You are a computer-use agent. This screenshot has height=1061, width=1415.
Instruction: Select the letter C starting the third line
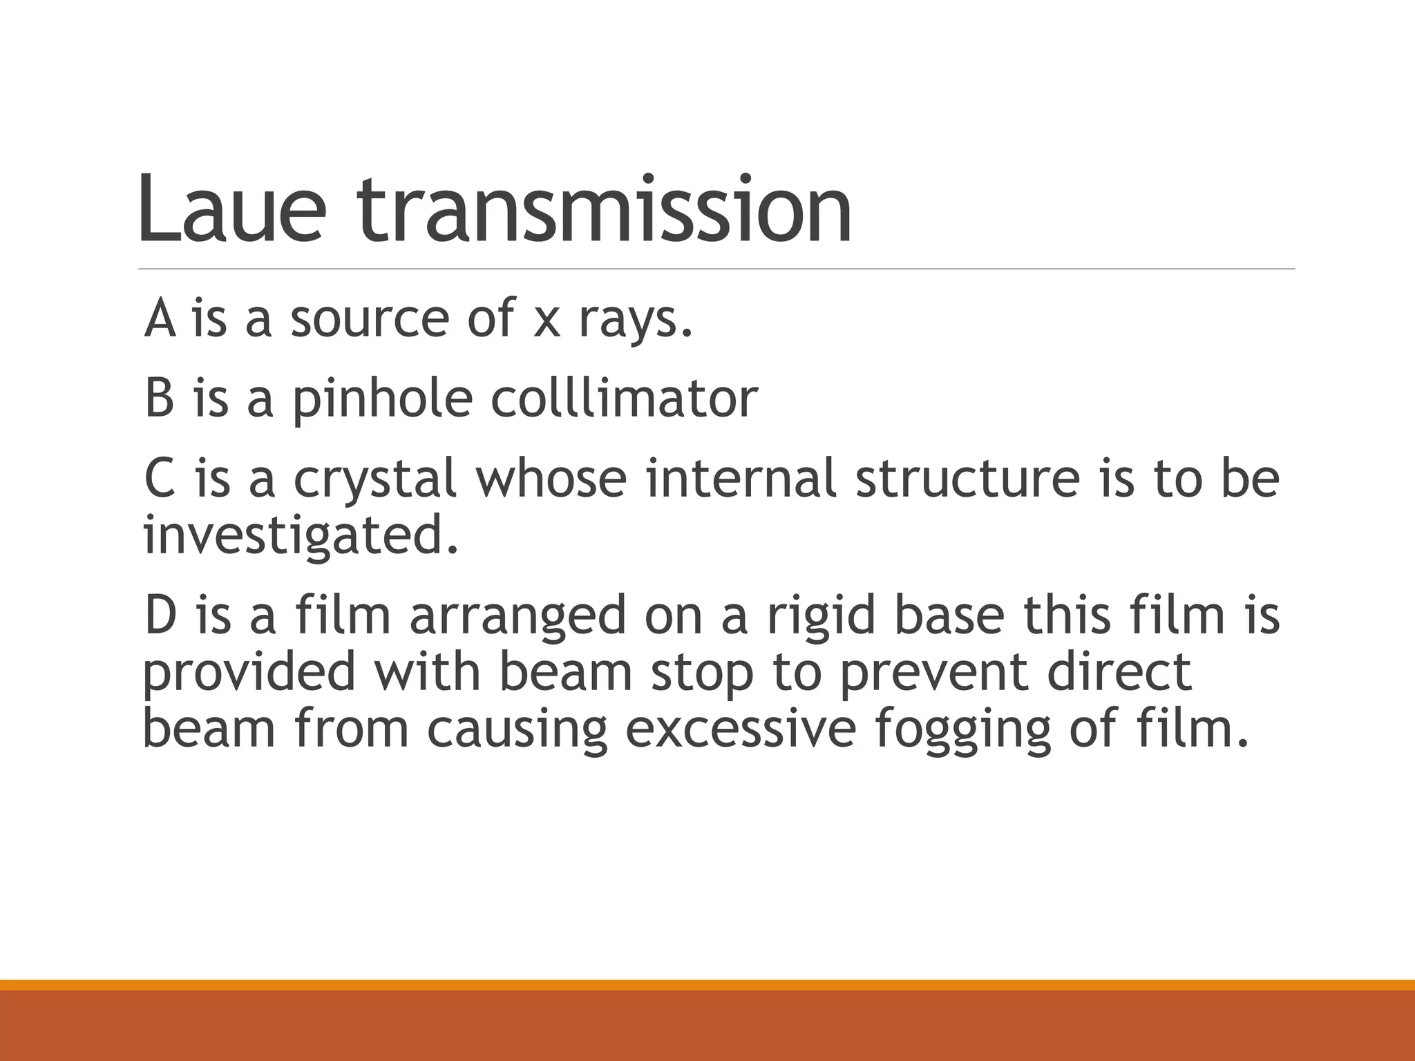(x=160, y=478)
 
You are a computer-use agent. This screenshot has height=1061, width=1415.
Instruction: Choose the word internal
(x=741, y=478)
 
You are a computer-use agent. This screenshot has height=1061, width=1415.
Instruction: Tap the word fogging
(x=961, y=731)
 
